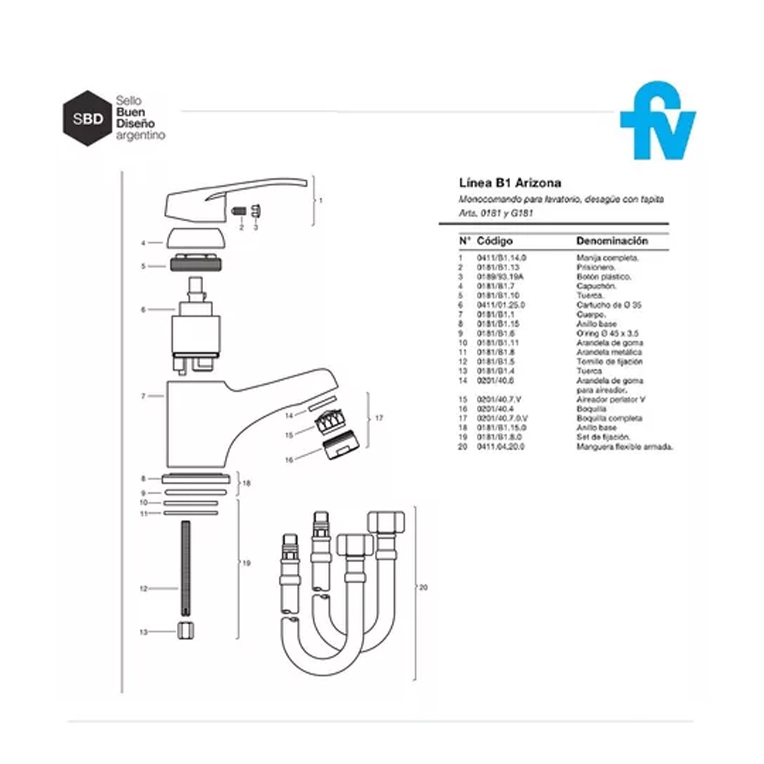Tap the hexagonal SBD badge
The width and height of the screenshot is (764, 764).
(x=88, y=118)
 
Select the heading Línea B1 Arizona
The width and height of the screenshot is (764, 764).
(x=501, y=184)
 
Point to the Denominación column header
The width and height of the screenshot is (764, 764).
(x=612, y=241)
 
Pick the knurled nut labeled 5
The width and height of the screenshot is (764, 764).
(x=197, y=265)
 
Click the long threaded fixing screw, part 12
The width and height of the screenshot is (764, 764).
(x=186, y=566)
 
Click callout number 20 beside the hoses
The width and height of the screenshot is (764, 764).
(x=423, y=588)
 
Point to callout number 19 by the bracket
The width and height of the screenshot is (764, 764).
(x=246, y=563)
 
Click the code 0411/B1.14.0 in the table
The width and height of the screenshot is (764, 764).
(x=502, y=258)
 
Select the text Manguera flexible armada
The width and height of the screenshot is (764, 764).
(x=625, y=447)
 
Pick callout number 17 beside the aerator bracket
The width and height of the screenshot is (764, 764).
(x=379, y=418)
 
